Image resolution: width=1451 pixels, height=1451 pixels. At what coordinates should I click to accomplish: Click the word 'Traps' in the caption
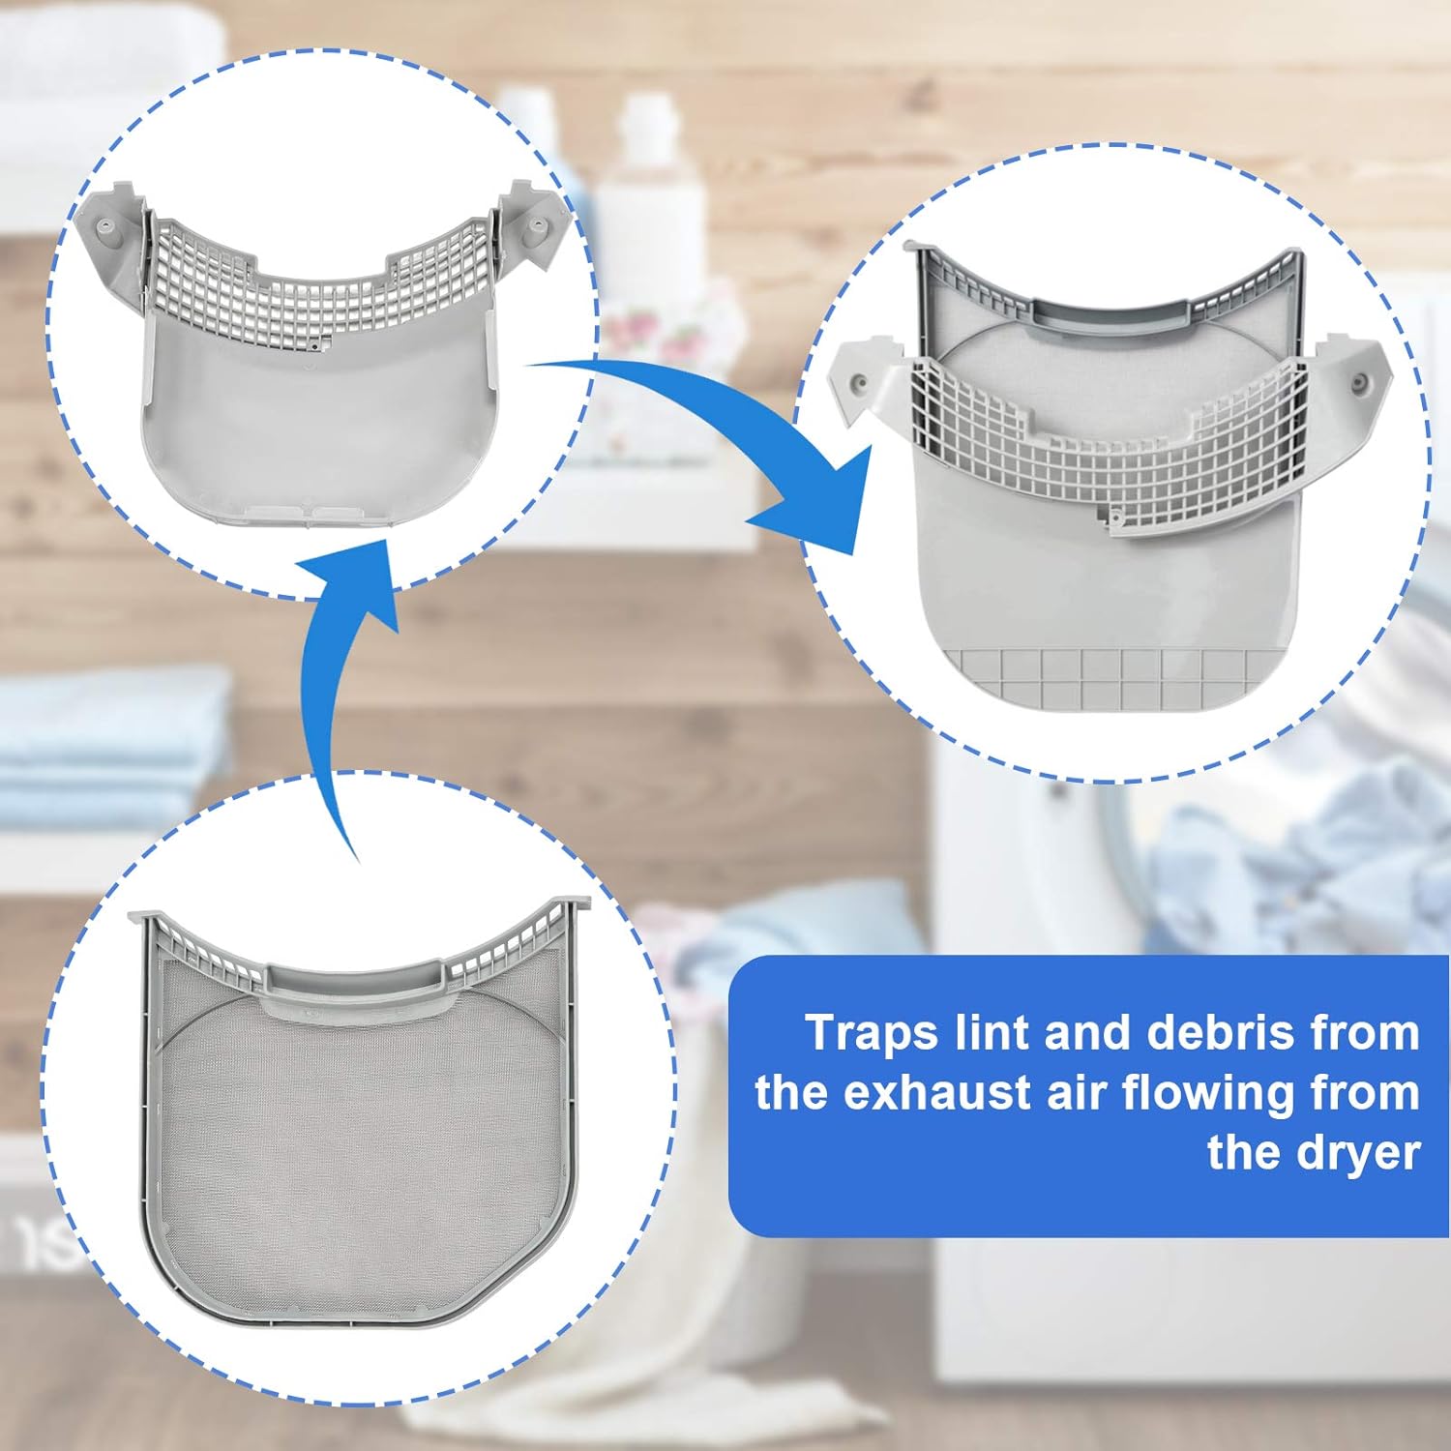click(x=872, y=1033)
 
